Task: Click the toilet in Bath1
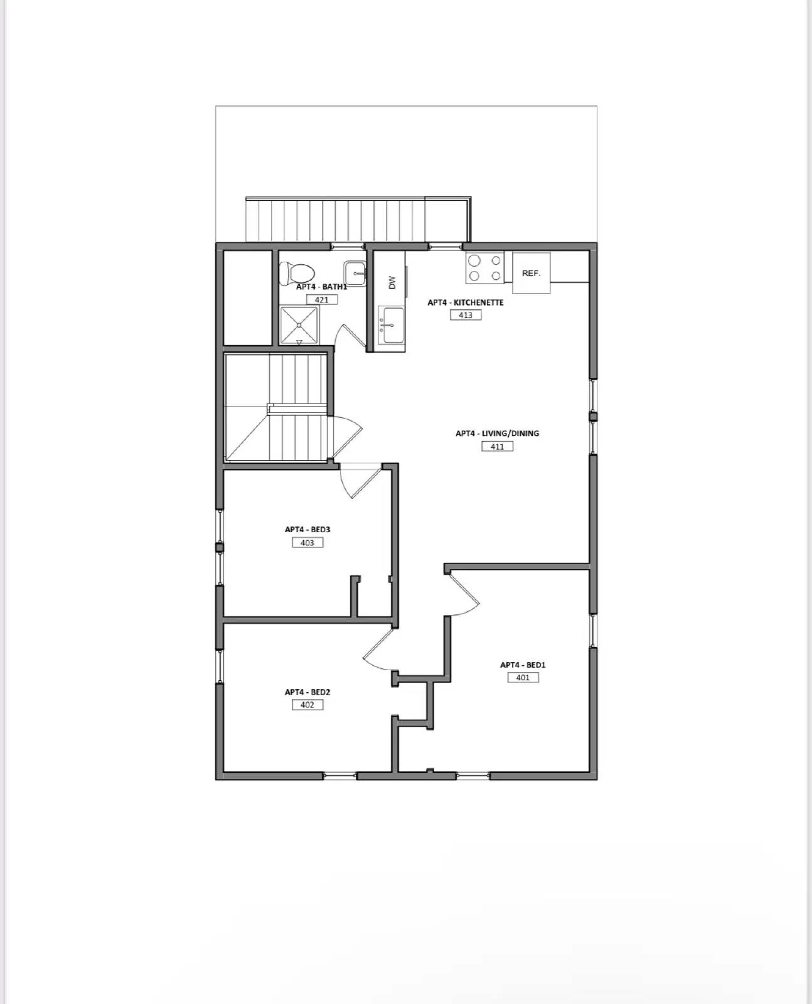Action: [297, 272]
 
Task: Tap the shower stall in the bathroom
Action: [299, 324]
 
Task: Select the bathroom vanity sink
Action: [355, 274]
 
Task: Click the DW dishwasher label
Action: [392, 282]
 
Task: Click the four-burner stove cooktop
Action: [484, 268]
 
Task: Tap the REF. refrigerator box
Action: [531, 273]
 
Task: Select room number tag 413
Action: [466, 315]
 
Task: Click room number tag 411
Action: [497, 447]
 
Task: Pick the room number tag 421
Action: [321, 300]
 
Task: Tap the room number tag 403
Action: [307, 543]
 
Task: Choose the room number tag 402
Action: [307, 705]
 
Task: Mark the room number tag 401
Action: [523, 678]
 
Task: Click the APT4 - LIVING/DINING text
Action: [497, 433]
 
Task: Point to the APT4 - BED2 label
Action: [307, 692]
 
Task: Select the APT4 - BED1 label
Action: [523, 665]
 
